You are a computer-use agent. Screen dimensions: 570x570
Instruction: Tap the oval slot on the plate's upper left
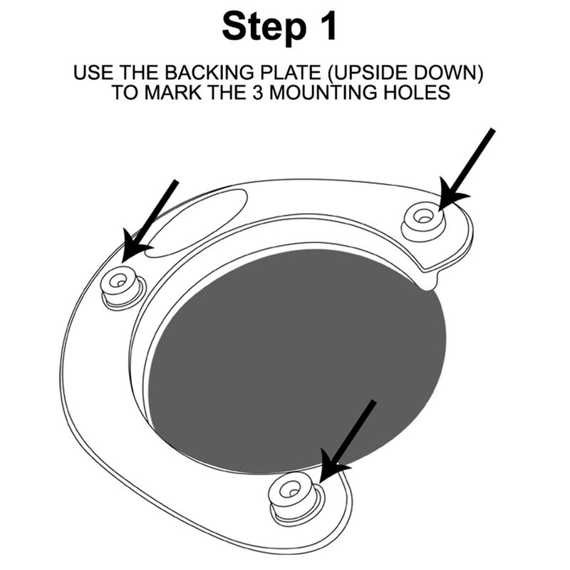(x=199, y=221)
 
